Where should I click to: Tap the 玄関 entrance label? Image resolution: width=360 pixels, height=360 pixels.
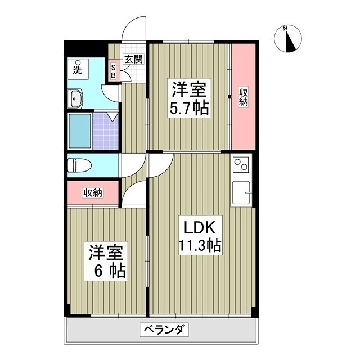[x=133, y=59]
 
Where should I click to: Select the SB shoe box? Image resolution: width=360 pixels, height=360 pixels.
[x=112, y=69]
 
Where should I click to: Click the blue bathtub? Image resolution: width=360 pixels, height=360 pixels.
[x=79, y=131]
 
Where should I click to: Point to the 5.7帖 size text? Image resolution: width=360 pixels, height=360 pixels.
[x=190, y=108]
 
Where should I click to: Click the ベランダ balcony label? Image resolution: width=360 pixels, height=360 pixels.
[x=163, y=330]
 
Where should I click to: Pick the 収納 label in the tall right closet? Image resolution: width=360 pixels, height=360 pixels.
[x=244, y=97]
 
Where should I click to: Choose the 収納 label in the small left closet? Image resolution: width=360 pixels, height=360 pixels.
[x=93, y=193]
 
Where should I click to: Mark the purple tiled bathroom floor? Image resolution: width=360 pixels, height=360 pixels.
[x=106, y=131]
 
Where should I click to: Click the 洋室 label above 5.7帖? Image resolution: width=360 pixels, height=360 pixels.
[x=190, y=89]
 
